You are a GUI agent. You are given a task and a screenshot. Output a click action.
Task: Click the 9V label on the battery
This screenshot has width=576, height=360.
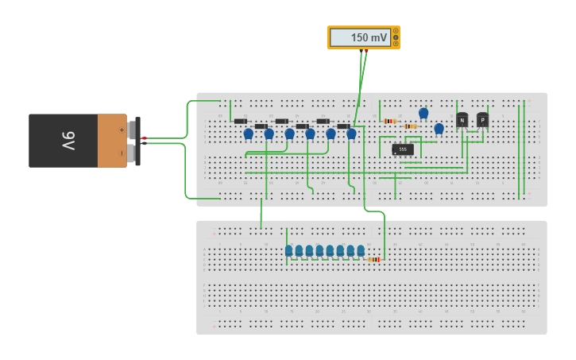[x=68, y=141]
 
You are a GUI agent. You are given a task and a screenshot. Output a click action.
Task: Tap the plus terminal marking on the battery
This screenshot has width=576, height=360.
[x=122, y=129]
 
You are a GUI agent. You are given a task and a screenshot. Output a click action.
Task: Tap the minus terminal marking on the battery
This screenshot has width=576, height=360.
[x=122, y=153]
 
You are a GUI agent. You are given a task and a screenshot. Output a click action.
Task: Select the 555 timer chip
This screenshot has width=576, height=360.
[x=403, y=149]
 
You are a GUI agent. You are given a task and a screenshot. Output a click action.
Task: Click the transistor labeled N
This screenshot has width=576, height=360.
[x=462, y=120]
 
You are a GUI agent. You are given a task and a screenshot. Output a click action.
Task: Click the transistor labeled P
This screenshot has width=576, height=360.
[x=482, y=119]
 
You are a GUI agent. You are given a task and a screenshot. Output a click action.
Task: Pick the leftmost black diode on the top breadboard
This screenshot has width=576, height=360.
[x=240, y=121]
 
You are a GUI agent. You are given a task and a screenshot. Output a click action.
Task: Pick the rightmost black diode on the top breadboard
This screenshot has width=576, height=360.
[x=343, y=126]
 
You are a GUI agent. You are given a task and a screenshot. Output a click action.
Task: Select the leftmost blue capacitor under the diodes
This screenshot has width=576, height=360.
[x=248, y=134]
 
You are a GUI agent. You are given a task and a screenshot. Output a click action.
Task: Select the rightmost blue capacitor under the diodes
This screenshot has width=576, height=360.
[x=351, y=134]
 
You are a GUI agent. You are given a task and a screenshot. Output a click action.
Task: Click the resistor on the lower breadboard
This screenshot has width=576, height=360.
[x=374, y=259]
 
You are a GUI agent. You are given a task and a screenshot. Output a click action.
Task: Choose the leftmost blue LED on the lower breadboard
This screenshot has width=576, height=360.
[x=289, y=251]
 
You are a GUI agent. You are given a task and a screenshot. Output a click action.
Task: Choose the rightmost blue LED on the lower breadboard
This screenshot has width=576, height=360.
[x=361, y=251]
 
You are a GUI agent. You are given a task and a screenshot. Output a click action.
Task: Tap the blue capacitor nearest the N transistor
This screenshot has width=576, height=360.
[x=439, y=128]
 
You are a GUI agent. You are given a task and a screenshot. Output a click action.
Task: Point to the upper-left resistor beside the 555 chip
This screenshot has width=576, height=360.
[x=390, y=121]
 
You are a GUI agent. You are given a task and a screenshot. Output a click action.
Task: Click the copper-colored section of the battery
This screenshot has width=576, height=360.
[x=112, y=141]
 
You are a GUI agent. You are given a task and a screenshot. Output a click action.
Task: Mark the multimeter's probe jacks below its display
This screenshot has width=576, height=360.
[x=363, y=51]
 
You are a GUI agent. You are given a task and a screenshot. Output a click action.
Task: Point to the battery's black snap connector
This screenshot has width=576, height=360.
[x=137, y=141]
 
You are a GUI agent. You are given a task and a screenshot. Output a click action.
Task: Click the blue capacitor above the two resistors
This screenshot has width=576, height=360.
[x=423, y=114]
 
